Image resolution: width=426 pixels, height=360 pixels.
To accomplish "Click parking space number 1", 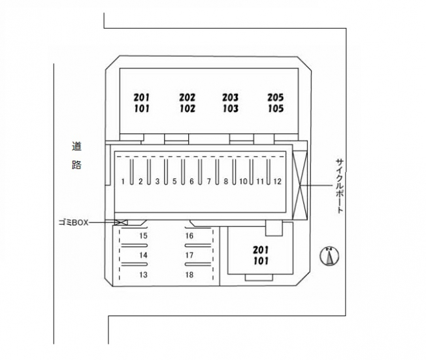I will tap(123, 181).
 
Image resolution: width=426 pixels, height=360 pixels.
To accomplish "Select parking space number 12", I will tap(277, 181).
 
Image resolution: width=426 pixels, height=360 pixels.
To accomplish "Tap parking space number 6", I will tap(191, 181).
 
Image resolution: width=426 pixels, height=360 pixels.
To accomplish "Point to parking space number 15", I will tap(143, 235).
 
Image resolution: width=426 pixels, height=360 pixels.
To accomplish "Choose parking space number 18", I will tap(189, 275).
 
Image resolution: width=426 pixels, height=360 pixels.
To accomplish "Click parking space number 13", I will tap(143, 275).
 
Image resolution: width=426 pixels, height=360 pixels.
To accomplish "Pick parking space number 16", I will tap(189, 235).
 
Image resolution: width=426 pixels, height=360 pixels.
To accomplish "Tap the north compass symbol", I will tap(329, 255).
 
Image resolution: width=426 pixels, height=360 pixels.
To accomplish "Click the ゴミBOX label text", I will tap(71, 222).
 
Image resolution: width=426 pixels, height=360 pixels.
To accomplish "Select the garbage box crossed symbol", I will tap(121, 223).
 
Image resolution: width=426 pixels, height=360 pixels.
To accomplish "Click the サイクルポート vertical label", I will tap(339, 186).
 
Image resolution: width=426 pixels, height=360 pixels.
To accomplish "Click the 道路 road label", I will tap(76, 155).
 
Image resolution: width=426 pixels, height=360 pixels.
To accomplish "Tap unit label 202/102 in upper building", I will tap(187, 103).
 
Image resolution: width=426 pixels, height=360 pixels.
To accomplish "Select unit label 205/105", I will tap(275, 103).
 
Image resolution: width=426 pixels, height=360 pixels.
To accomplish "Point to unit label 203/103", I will tap(230, 103).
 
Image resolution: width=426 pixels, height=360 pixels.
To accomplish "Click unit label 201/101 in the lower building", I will tap(261, 255).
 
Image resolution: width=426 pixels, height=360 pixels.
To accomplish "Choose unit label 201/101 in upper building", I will tap(141, 103).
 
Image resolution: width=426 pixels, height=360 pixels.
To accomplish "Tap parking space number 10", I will tap(243, 181).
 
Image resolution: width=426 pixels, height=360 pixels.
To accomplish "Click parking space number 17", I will tap(189, 255).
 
